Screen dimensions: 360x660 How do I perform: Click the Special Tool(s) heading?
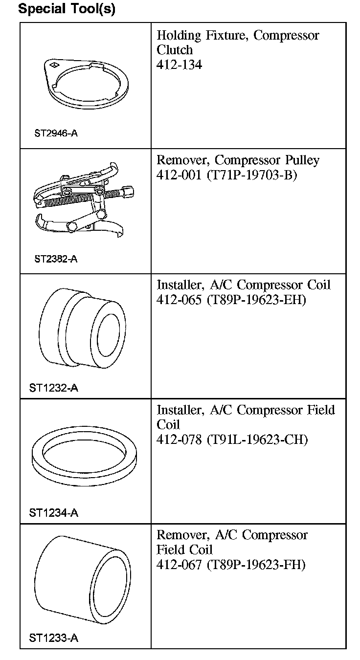(x=67, y=9)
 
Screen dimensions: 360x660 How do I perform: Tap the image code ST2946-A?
(x=56, y=133)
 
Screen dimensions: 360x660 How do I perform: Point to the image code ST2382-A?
(x=56, y=259)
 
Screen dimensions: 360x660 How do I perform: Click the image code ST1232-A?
(x=53, y=388)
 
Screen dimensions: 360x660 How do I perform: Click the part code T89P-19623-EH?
(x=257, y=300)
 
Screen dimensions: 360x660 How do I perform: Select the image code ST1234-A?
(x=53, y=513)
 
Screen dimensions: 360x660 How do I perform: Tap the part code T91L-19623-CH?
(x=258, y=440)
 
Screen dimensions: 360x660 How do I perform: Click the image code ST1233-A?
(x=53, y=638)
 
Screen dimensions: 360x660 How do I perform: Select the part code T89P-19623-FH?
(x=256, y=565)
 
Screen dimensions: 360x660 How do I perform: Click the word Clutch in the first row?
(x=175, y=50)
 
